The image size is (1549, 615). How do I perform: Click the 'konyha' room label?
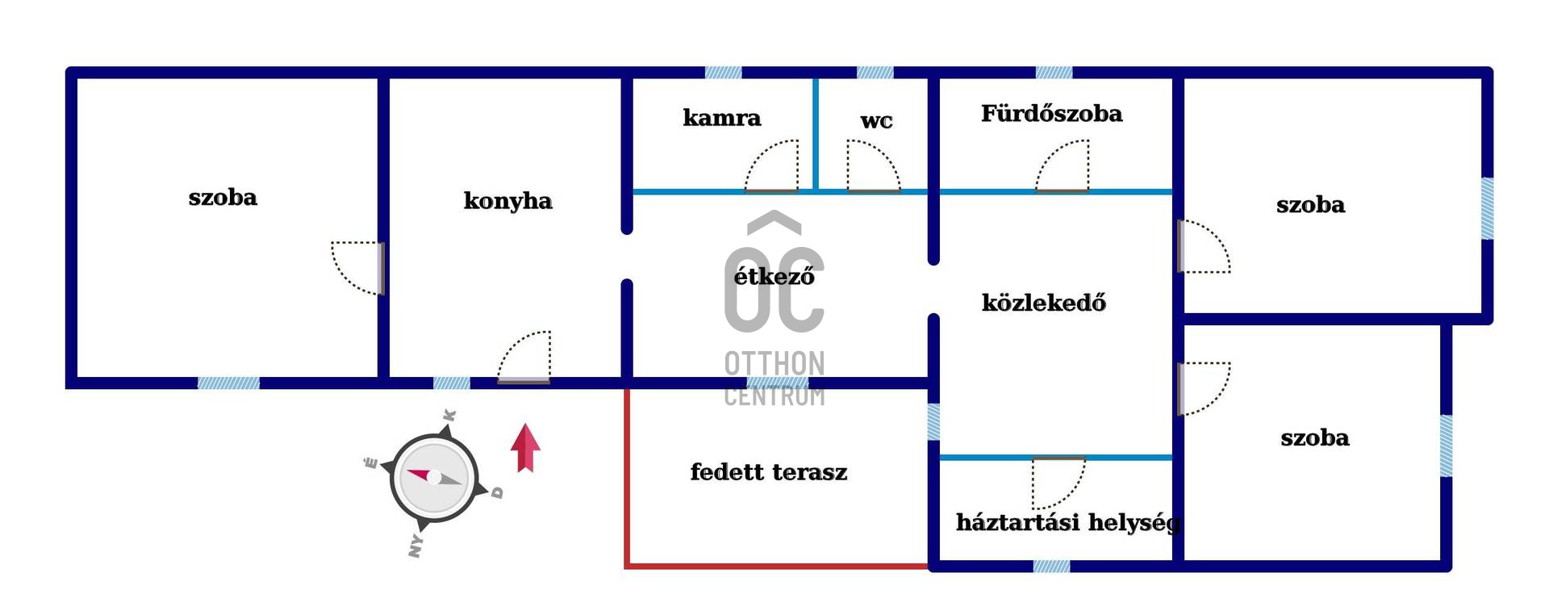pyautogui.click(x=507, y=201)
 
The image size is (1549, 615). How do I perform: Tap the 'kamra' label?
pyautogui.click(x=721, y=118)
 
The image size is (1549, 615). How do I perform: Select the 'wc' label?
pyautogui.click(x=876, y=122)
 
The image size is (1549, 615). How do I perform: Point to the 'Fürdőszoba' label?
pyautogui.click(x=1051, y=114)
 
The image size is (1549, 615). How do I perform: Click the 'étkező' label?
pyautogui.click(x=774, y=277)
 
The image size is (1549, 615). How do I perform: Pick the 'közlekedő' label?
pyautogui.click(x=1043, y=303)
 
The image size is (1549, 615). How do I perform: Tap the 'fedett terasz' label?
pyautogui.click(x=768, y=472)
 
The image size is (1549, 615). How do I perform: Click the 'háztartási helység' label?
pyautogui.click(x=1067, y=523)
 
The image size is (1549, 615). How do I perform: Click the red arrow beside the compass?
pyautogui.click(x=525, y=448)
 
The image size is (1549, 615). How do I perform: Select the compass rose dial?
pyautogui.click(x=434, y=478)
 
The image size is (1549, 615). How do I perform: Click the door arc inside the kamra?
pyautogui.click(x=773, y=166)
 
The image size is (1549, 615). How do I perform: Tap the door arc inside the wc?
pyautogui.click(x=872, y=166)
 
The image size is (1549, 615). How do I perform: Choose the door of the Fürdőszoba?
pyautogui.click(x=1063, y=167)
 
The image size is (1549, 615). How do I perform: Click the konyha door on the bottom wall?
pyautogui.click(x=525, y=357)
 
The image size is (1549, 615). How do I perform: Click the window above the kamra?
pyautogui.click(x=723, y=73)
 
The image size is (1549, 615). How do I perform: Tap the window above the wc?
pyautogui.click(x=875, y=73)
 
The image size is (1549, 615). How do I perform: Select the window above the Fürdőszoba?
pyautogui.click(x=1054, y=73)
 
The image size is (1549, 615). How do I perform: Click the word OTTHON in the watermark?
pyautogui.click(x=774, y=364)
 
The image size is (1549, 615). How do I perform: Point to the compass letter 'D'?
pyautogui.click(x=497, y=492)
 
